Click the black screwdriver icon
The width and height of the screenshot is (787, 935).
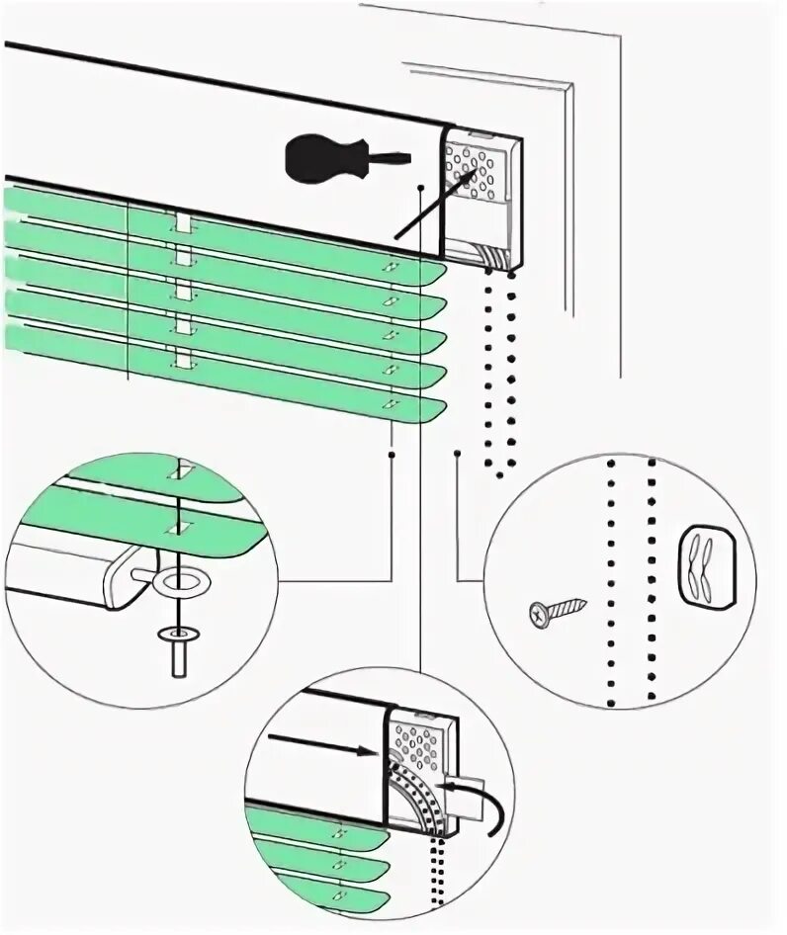326,158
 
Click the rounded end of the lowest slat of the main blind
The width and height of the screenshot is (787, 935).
435,408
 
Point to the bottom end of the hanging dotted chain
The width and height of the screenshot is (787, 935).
499,475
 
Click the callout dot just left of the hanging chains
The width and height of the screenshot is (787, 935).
459,454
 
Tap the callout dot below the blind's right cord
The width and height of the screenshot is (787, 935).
393,454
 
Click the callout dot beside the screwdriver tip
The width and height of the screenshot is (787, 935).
421,186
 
